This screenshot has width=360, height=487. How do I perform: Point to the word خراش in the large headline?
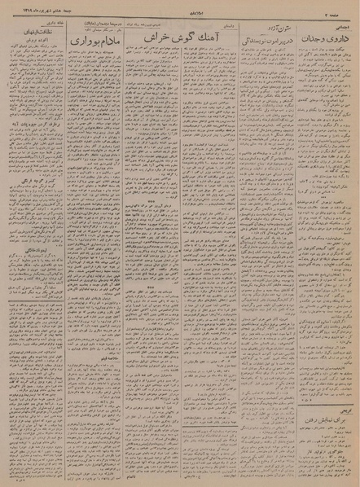[x=155, y=37]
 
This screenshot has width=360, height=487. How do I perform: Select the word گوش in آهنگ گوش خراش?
[x=181, y=37]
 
